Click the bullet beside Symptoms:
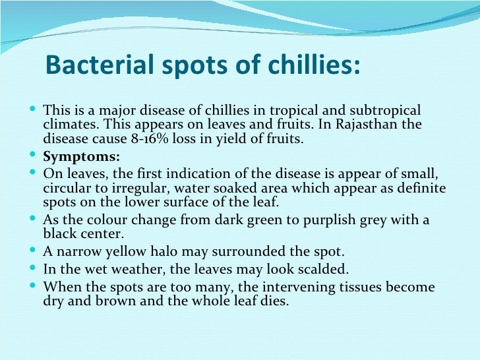coord(34,157)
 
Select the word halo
coord(170,252)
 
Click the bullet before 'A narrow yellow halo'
coord(34,252)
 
